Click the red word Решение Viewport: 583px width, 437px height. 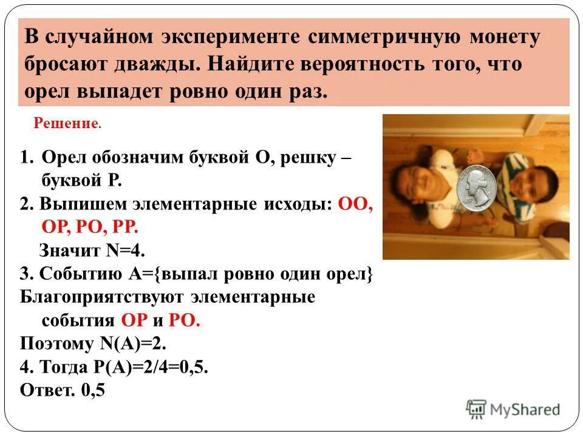tap(66, 124)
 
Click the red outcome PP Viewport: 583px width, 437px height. tap(124, 227)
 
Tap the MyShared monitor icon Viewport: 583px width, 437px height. tap(476, 408)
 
